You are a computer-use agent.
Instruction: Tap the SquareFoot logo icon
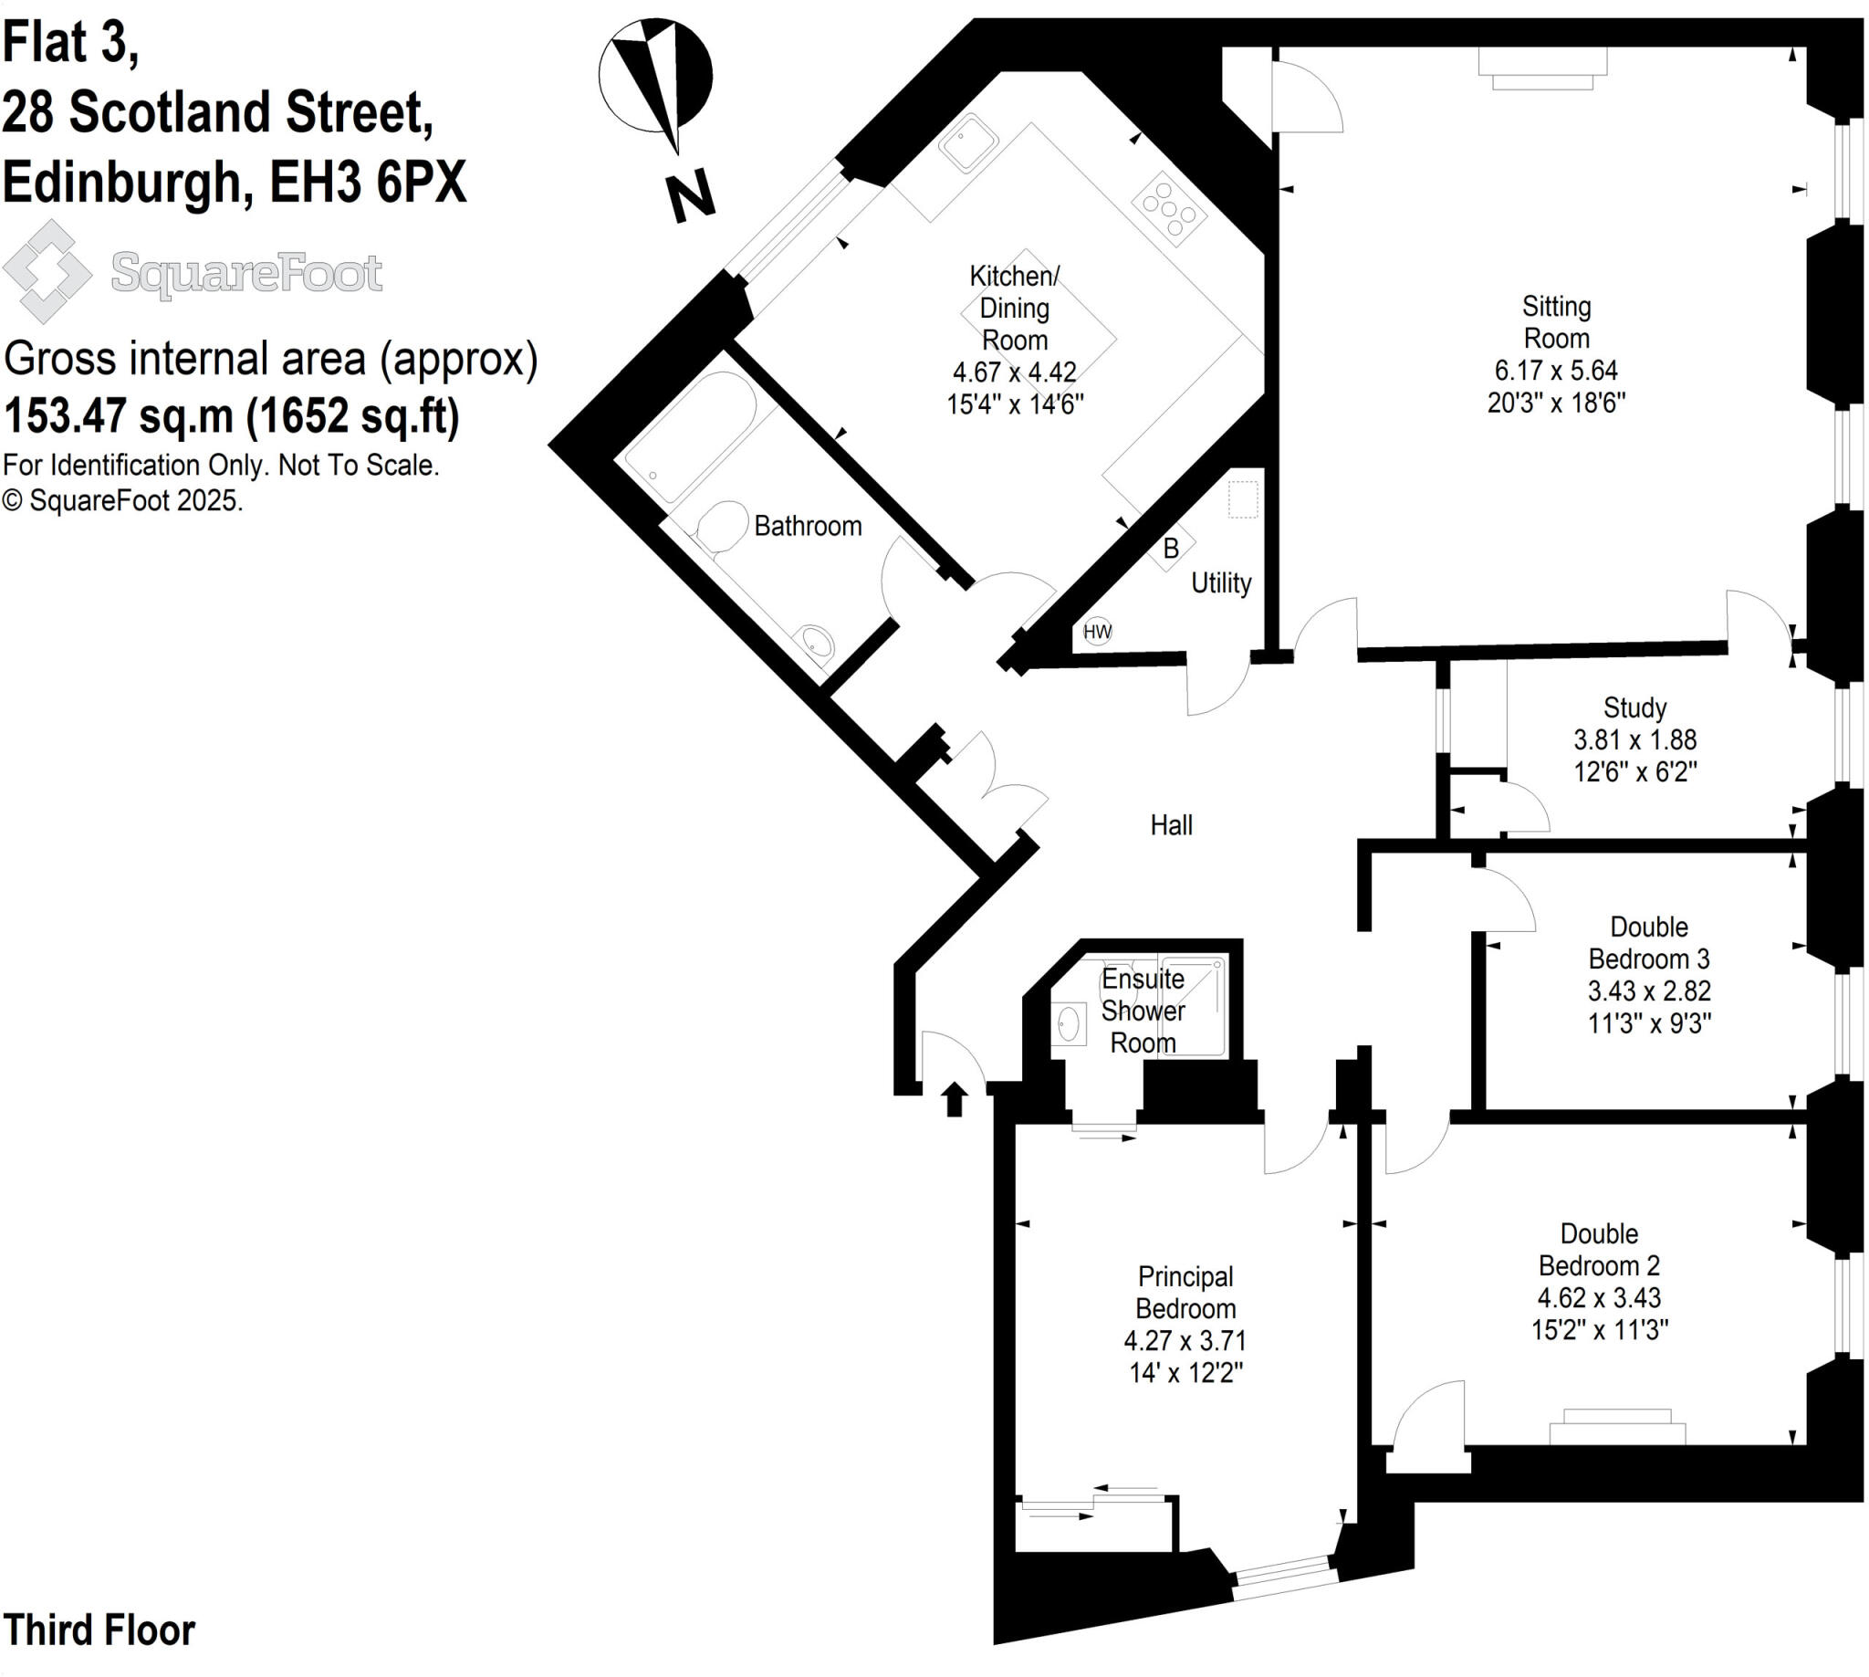[x=47, y=271]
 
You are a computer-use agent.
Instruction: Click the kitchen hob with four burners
[x=1169, y=208]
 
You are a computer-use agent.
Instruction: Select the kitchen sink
[x=968, y=142]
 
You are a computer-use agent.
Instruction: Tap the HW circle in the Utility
[x=1097, y=631]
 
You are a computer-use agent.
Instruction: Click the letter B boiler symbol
[x=1171, y=549]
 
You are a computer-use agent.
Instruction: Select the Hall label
[x=1171, y=824]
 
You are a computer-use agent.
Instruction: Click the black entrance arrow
[x=955, y=1098]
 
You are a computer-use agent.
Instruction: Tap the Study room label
[x=1634, y=707]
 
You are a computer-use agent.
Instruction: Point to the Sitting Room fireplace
[x=1542, y=69]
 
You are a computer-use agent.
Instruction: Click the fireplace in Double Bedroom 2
[x=1616, y=1428]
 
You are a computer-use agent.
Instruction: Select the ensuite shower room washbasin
[x=1069, y=1023]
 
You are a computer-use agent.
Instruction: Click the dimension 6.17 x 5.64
[x=1556, y=371]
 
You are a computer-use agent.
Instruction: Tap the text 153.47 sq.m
[x=119, y=415]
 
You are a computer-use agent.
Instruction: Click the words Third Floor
[x=99, y=1630]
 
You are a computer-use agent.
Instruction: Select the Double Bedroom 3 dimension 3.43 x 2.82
[x=1649, y=991]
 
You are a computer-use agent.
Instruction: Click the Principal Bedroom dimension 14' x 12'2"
[x=1185, y=1373]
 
